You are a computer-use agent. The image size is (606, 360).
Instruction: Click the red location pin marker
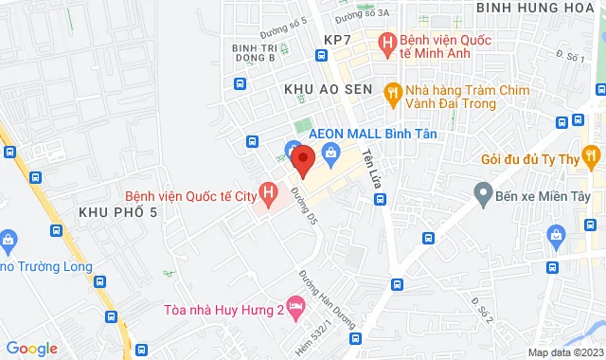pos(303,160)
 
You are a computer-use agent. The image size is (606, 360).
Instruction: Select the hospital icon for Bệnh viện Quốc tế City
pos(270,196)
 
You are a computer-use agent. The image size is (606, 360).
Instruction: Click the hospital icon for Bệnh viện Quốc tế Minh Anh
pos(386,43)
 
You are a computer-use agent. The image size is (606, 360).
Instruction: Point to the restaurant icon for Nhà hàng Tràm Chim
pos(390,92)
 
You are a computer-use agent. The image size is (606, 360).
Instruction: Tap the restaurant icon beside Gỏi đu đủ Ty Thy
pos(591,153)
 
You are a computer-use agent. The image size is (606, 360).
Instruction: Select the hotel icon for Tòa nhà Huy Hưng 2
pos(295,307)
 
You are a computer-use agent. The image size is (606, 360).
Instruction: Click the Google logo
pos(31,349)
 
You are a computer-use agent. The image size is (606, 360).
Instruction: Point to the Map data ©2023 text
pos(563,352)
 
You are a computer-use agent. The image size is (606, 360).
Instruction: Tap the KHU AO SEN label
pos(323,88)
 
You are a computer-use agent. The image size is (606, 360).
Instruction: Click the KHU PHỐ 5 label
pos(117,211)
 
